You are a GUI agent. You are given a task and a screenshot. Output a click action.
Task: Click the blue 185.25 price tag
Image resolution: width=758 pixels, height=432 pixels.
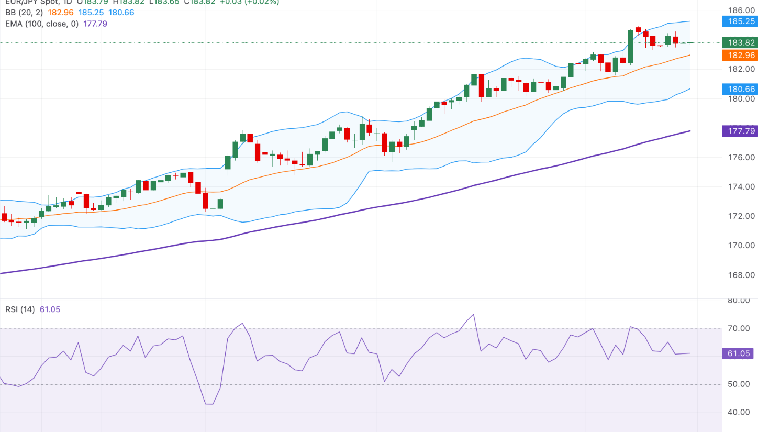(x=738, y=21)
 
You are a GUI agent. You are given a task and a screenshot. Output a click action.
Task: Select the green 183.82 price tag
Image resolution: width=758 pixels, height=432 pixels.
(x=738, y=43)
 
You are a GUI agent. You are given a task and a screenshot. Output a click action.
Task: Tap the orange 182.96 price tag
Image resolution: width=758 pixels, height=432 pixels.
(x=738, y=55)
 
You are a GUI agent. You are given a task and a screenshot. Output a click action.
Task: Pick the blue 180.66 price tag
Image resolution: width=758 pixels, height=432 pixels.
(x=738, y=89)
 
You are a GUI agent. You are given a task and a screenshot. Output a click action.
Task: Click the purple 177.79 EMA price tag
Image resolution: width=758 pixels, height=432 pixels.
(x=738, y=131)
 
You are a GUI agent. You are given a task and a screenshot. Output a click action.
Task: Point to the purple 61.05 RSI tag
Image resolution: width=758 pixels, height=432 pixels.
(x=738, y=353)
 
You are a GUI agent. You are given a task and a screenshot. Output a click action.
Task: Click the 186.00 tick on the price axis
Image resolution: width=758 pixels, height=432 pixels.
(x=742, y=10)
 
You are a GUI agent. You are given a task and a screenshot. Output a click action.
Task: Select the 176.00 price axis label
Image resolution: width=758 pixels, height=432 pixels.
(x=742, y=158)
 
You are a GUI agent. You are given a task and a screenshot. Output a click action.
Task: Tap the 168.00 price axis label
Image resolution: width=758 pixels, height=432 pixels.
(x=742, y=275)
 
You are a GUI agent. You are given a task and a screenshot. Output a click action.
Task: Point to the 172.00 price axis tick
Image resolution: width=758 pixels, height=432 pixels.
(x=742, y=216)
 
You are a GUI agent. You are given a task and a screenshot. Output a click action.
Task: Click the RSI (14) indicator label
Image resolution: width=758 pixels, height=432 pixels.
(x=20, y=309)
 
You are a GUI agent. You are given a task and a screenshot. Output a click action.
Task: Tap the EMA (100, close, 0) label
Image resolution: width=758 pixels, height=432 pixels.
(x=42, y=24)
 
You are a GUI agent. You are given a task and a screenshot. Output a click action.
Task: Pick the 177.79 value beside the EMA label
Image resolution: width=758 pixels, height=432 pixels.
(x=95, y=24)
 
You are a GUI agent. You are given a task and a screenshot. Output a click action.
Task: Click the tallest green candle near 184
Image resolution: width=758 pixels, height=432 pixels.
(x=630, y=47)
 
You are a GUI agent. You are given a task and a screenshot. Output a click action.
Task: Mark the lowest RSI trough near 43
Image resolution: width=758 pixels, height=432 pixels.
(x=209, y=404)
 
